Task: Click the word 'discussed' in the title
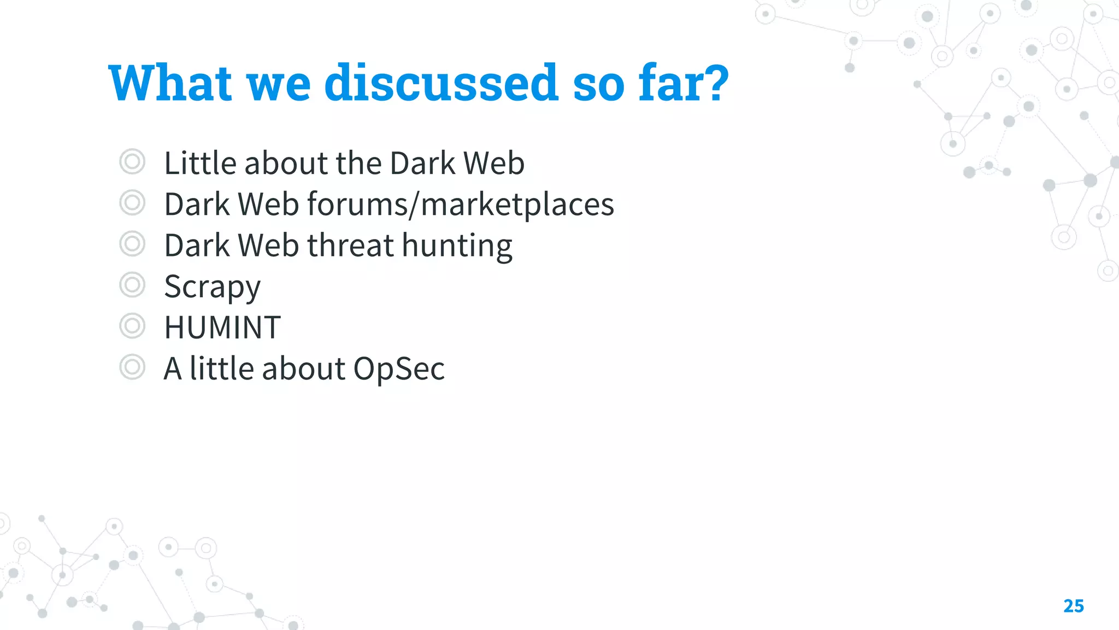[x=441, y=83]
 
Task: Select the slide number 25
[x=1073, y=606]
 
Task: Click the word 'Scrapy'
[x=212, y=287]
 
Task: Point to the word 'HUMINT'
[x=222, y=328]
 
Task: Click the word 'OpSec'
[x=399, y=369]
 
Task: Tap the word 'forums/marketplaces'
[x=460, y=205]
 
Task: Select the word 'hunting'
[x=457, y=246]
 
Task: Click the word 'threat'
[x=350, y=246]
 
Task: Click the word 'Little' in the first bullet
[x=200, y=164]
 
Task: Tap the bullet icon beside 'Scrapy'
[x=132, y=285]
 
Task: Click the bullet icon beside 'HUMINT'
[x=132, y=326]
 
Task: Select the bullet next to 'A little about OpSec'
[x=132, y=367]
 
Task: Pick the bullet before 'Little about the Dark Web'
[x=132, y=162]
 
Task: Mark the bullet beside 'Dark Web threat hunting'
[x=132, y=244]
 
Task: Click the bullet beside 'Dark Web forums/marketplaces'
[x=132, y=203]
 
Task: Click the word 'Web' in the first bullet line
[x=493, y=164]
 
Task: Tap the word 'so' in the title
[x=598, y=83]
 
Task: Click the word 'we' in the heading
[x=279, y=83]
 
